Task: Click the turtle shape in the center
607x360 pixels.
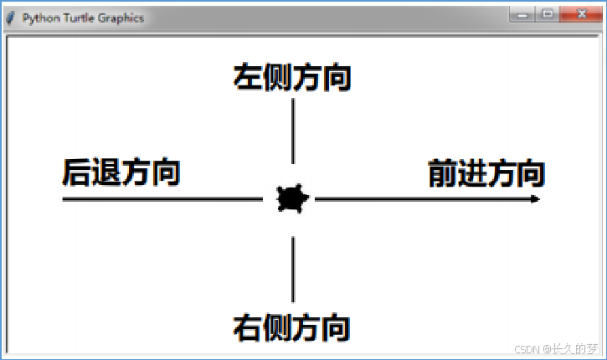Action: tap(292, 199)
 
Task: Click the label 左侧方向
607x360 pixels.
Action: tap(291, 77)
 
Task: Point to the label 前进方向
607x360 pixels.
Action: tap(486, 173)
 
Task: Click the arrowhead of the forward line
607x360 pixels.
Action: tap(535, 199)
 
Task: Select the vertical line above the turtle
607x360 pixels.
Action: tap(292, 131)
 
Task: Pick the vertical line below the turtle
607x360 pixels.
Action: tap(292, 269)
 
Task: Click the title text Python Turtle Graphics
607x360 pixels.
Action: tap(83, 18)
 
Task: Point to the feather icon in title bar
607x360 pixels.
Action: tap(11, 18)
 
